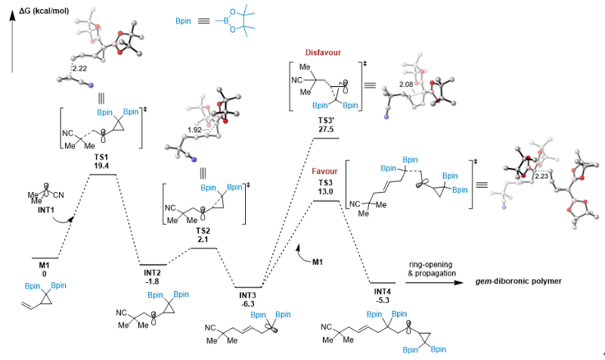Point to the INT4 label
[383, 290]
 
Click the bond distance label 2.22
[78, 68]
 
